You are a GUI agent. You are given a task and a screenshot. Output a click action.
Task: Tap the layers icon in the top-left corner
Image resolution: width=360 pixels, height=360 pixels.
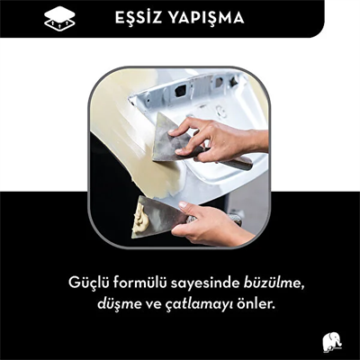click(59, 18)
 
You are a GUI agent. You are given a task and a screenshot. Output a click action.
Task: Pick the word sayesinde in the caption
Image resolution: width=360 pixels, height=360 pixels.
click(213, 284)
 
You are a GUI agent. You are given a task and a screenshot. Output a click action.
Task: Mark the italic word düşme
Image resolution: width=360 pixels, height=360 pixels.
click(120, 304)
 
